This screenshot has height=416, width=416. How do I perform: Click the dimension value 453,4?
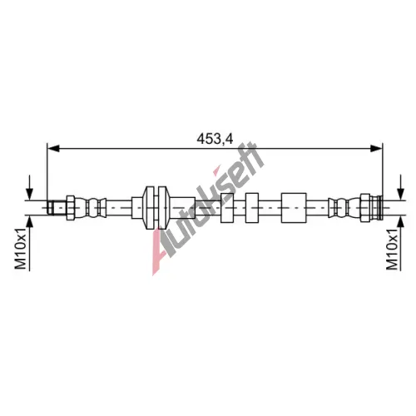tap(215, 139)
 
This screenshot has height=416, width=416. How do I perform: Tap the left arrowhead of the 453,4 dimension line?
tap(53, 149)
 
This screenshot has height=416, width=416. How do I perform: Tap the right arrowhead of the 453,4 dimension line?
tap(376, 149)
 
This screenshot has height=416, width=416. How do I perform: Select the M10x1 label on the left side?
tap(21, 249)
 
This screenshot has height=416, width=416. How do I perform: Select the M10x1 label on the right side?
tap(392, 249)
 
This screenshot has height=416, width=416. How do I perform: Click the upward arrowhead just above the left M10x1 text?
tap(29, 221)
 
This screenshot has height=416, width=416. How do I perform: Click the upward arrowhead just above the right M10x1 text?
tap(400, 221)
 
